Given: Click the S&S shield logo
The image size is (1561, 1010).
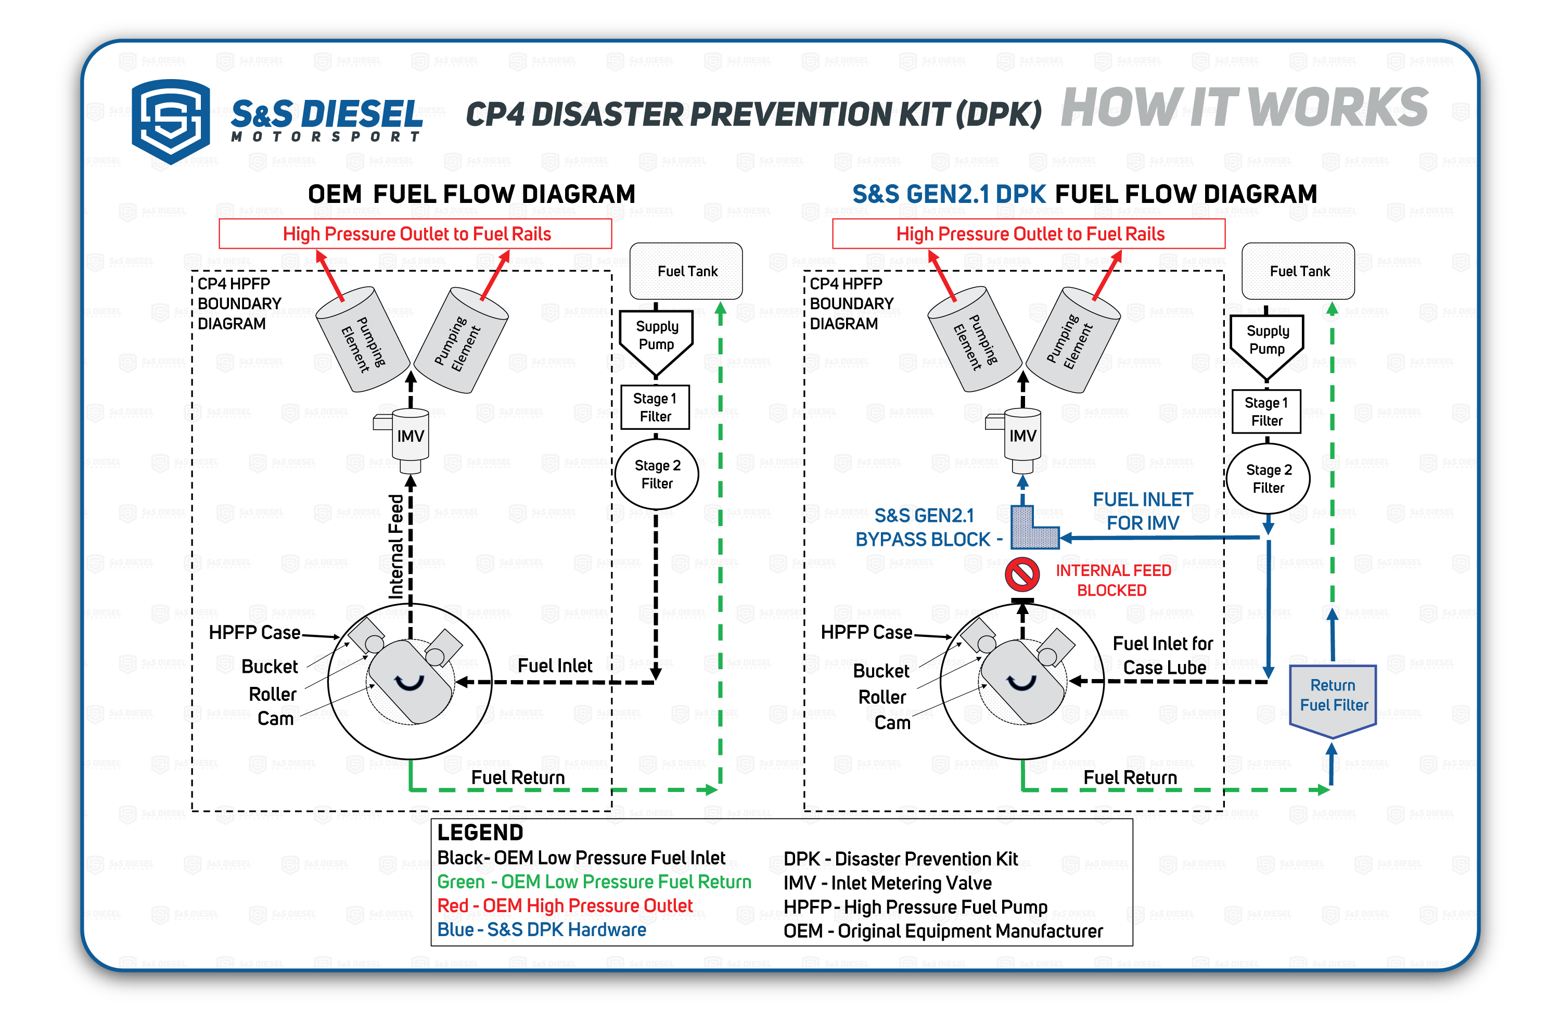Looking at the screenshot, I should click(x=171, y=121).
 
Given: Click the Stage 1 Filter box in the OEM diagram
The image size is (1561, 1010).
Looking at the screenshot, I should click(x=655, y=407).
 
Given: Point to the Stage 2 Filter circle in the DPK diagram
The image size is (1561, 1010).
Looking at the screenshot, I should click(x=1269, y=479).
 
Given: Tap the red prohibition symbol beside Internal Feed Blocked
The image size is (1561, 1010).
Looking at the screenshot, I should click(x=1022, y=574).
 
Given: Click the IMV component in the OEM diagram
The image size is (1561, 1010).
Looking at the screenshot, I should click(x=410, y=437).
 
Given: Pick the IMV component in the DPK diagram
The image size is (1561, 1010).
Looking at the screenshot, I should click(x=1022, y=437).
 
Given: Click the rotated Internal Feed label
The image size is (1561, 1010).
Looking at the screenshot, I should click(x=396, y=546).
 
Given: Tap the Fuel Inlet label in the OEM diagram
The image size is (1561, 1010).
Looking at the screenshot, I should click(x=555, y=666).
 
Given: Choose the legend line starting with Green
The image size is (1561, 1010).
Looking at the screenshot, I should click(x=594, y=882).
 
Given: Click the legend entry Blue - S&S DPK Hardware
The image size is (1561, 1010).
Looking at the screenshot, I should click(x=541, y=930).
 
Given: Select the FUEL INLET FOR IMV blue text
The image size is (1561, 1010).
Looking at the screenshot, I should click(x=1143, y=512).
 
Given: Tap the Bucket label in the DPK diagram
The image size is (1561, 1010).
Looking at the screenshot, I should click(x=881, y=671).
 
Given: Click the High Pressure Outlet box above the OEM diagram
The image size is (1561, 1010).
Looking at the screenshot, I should click(x=415, y=234).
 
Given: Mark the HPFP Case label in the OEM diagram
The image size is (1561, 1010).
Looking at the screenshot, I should click(x=254, y=633).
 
